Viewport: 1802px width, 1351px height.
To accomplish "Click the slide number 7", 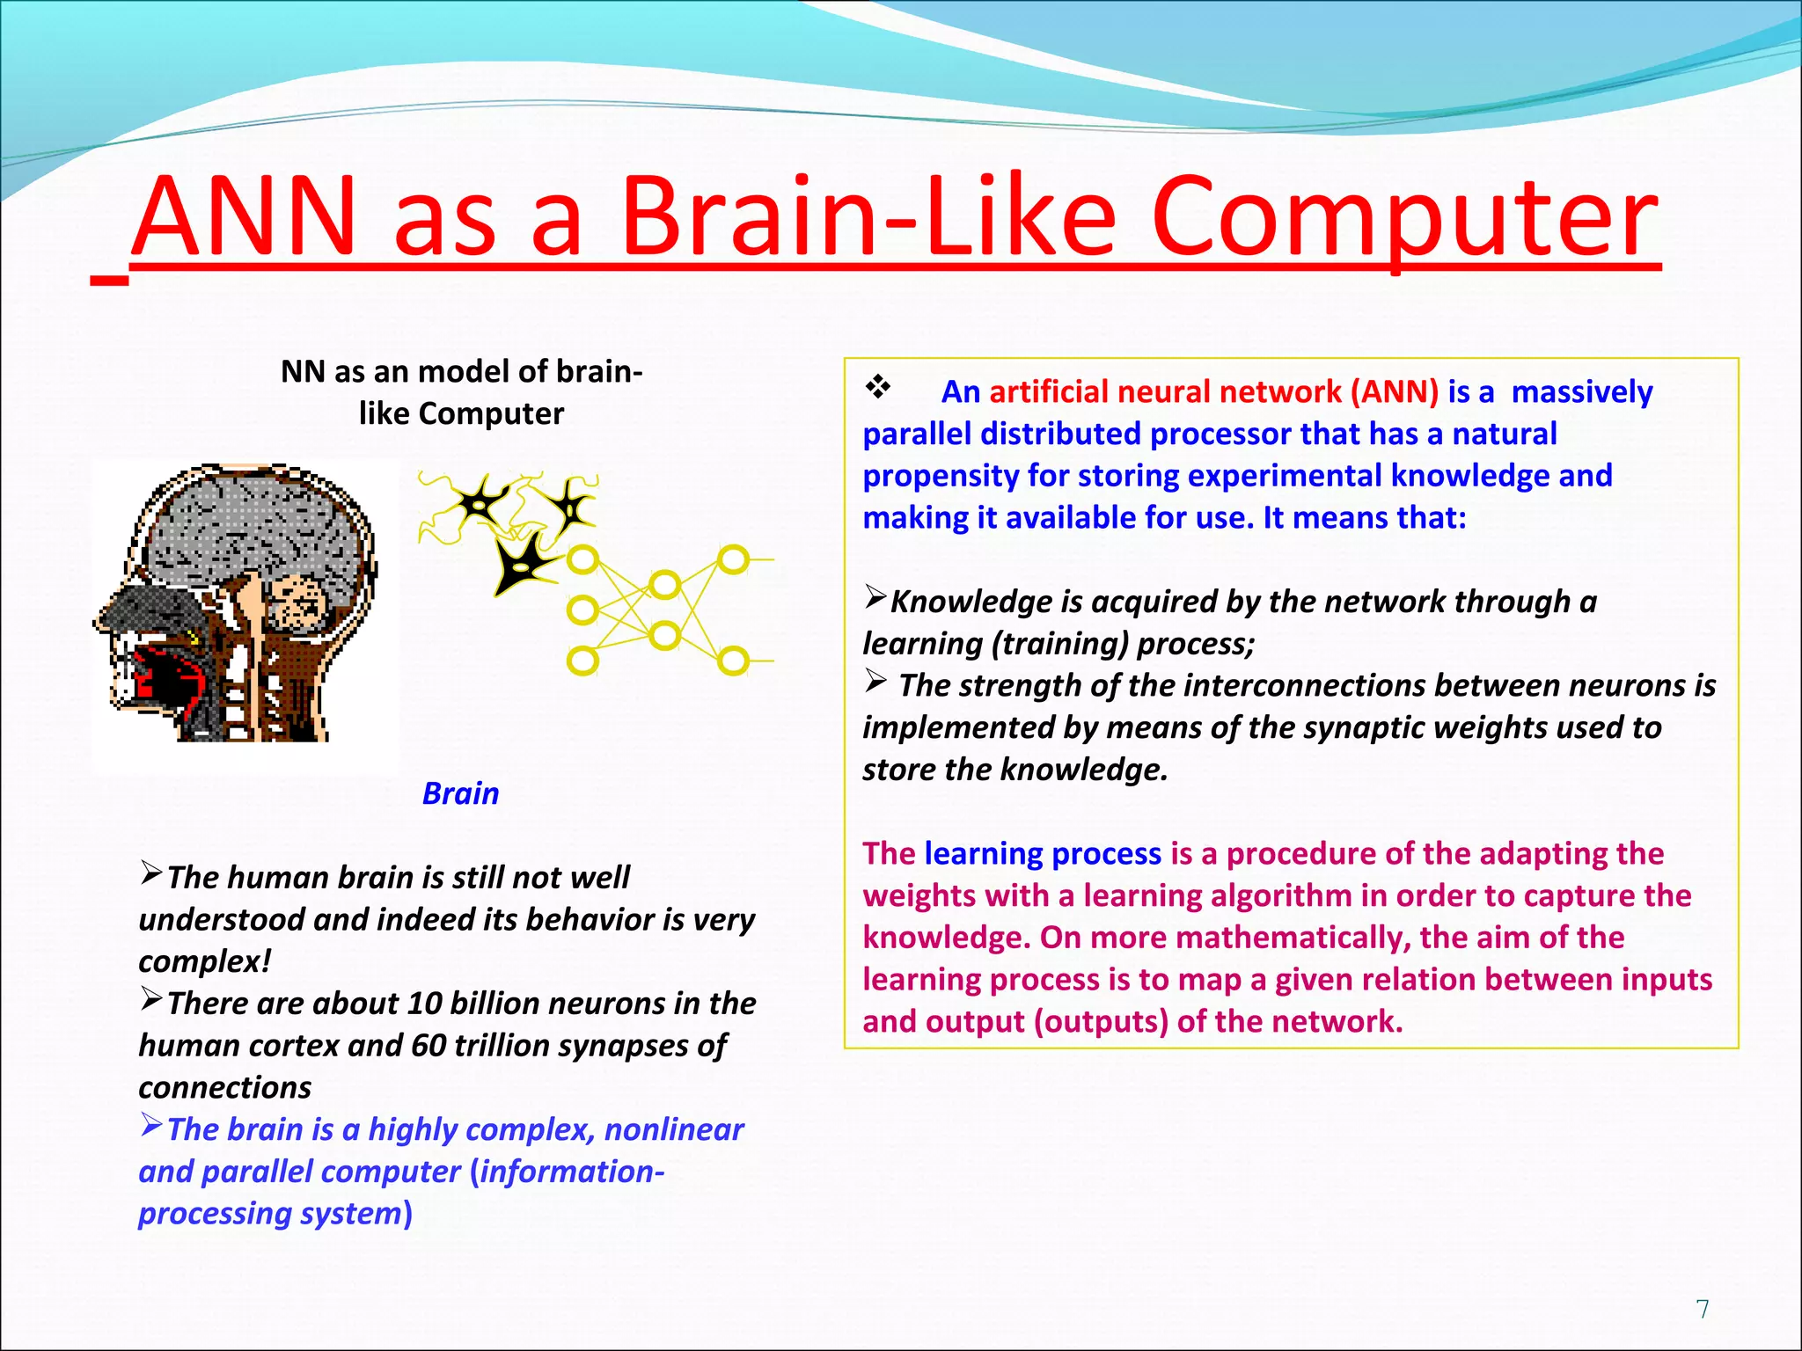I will (x=1703, y=1309).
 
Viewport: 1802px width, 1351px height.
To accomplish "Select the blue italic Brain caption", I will (x=460, y=793).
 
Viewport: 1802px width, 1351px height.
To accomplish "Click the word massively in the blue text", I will (x=1581, y=391).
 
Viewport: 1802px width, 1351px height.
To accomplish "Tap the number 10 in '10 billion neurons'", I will (x=424, y=1004).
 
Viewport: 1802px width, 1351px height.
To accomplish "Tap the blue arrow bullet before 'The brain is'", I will (x=151, y=1125).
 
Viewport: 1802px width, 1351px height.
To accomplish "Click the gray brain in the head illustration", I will (x=255, y=528).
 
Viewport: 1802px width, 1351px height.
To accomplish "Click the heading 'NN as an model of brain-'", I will (x=461, y=371).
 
